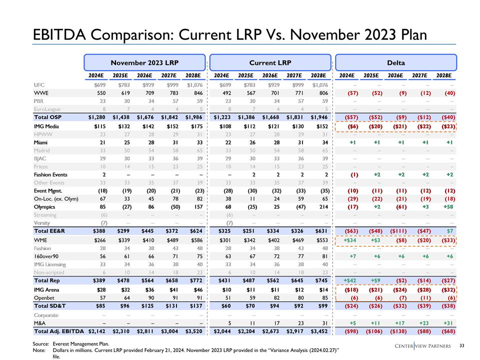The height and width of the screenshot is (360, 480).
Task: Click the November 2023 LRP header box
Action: pyautogui.click(x=144, y=63)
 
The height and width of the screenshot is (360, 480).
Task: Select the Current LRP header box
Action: pyautogui.click(x=270, y=63)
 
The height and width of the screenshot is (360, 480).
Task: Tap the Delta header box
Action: pyautogui.click(x=395, y=63)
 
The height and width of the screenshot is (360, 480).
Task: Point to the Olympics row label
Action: pyautogui.click(x=45, y=205)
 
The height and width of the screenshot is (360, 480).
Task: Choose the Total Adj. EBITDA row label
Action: pyautogui.click(x=59, y=331)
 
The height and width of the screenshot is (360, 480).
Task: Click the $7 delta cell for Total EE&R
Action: pyautogui.click(x=448, y=231)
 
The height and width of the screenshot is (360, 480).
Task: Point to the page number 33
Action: pyautogui.click(x=461, y=346)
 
